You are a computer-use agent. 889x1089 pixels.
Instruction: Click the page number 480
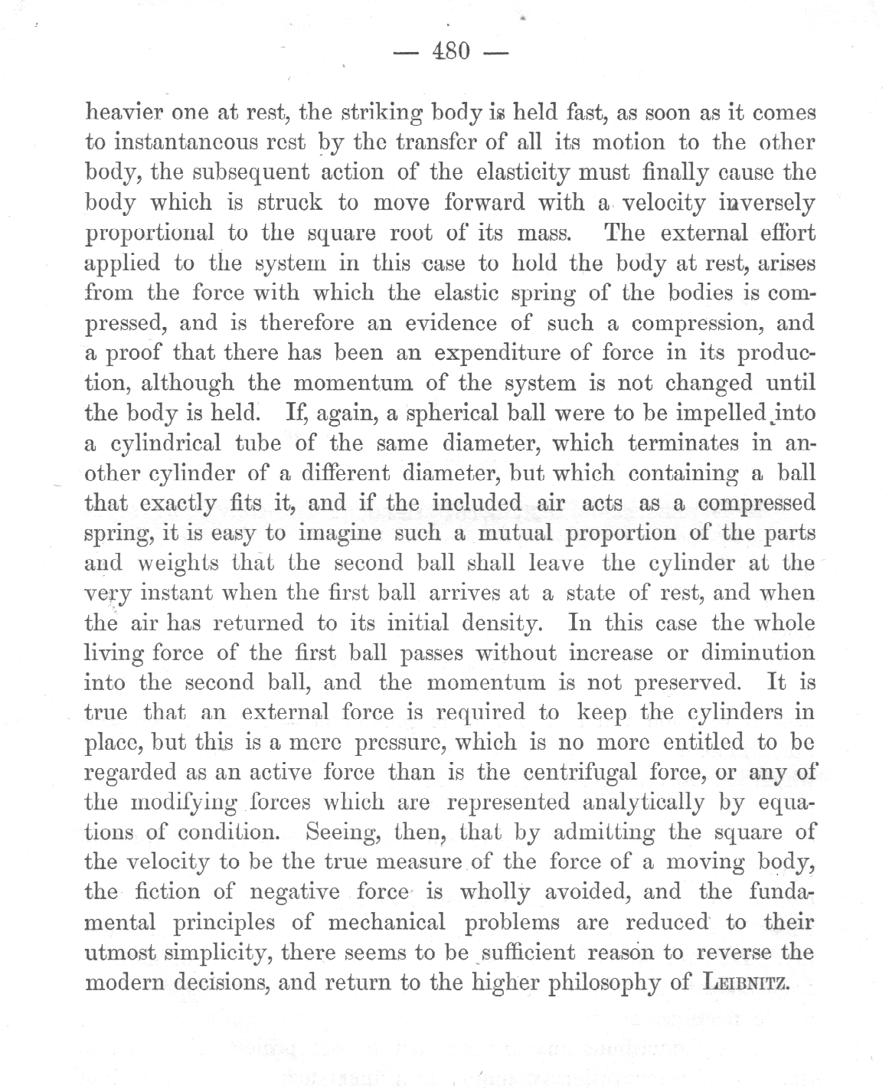point(450,52)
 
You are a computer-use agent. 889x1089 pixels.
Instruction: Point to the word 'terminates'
point(665,443)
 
